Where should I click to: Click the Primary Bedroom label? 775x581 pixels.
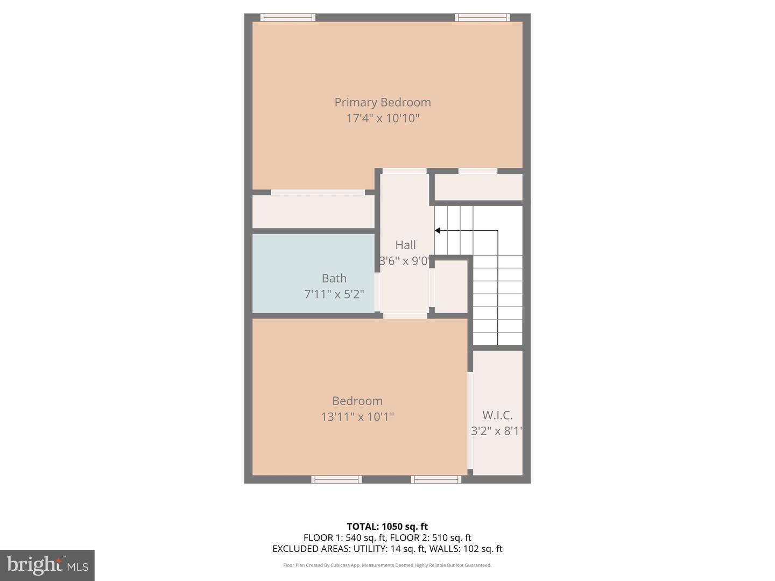tap(383, 102)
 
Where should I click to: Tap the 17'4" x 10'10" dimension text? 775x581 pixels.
tap(383, 118)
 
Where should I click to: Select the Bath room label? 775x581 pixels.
tap(334, 278)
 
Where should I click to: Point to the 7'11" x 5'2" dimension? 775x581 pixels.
tap(334, 294)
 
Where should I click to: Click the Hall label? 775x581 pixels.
tap(405, 245)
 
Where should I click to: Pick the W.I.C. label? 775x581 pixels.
tap(497, 415)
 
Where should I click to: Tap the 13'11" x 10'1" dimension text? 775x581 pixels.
tap(357, 416)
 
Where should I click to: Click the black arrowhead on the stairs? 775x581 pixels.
tap(437, 231)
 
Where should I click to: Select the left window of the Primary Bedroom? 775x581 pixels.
tap(288, 18)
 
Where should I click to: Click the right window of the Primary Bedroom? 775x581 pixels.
tap(482, 18)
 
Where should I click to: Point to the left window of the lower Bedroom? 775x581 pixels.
tap(336, 479)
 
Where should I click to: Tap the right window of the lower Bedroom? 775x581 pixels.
tap(436, 479)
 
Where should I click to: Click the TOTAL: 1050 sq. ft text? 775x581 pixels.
tap(387, 526)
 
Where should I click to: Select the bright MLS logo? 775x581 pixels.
tap(47, 565)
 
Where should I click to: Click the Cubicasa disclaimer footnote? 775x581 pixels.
tap(387, 565)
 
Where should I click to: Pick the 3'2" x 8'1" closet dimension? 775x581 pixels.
tap(497, 431)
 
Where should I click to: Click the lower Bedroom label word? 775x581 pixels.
tap(357, 401)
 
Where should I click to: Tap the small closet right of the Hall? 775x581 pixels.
tap(451, 286)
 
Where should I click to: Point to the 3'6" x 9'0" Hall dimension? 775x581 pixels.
tap(405, 261)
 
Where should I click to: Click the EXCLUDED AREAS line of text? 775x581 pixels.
tap(387, 549)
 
